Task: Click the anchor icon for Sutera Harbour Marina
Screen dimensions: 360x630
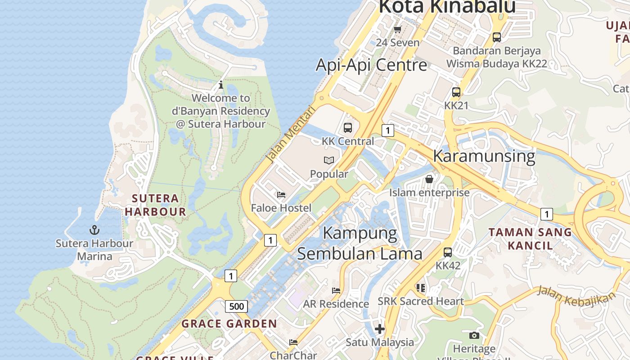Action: [x=94, y=230]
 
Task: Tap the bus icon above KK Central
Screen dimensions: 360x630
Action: [x=348, y=128]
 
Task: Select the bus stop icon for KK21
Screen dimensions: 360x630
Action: [x=456, y=92]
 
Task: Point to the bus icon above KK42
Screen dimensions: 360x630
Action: [x=448, y=252]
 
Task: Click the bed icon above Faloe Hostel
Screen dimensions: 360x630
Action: [x=281, y=195]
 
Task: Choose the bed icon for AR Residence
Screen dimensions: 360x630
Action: [x=336, y=291]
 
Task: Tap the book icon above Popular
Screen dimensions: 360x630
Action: [x=329, y=160]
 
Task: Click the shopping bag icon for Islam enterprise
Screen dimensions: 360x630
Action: [x=429, y=180]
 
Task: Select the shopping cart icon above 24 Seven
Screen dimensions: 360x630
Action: [x=397, y=30]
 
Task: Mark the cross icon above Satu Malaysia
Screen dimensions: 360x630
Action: [x=380, y=329]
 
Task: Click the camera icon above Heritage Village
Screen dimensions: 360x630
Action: [x=474, y=335]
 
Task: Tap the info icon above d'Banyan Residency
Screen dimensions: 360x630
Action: [x=220, y=85]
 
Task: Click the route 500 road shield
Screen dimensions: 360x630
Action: [x=236, y=307]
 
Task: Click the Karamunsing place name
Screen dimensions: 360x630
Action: [x=484, y=156]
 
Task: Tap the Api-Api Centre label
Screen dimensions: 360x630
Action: [x=371, y=65]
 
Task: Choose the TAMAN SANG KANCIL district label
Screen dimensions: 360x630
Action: [x=530, y=239]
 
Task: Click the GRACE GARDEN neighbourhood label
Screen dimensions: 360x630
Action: [x=229, y=324]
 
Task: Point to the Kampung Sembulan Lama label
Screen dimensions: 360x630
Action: [x=360, y=243]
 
